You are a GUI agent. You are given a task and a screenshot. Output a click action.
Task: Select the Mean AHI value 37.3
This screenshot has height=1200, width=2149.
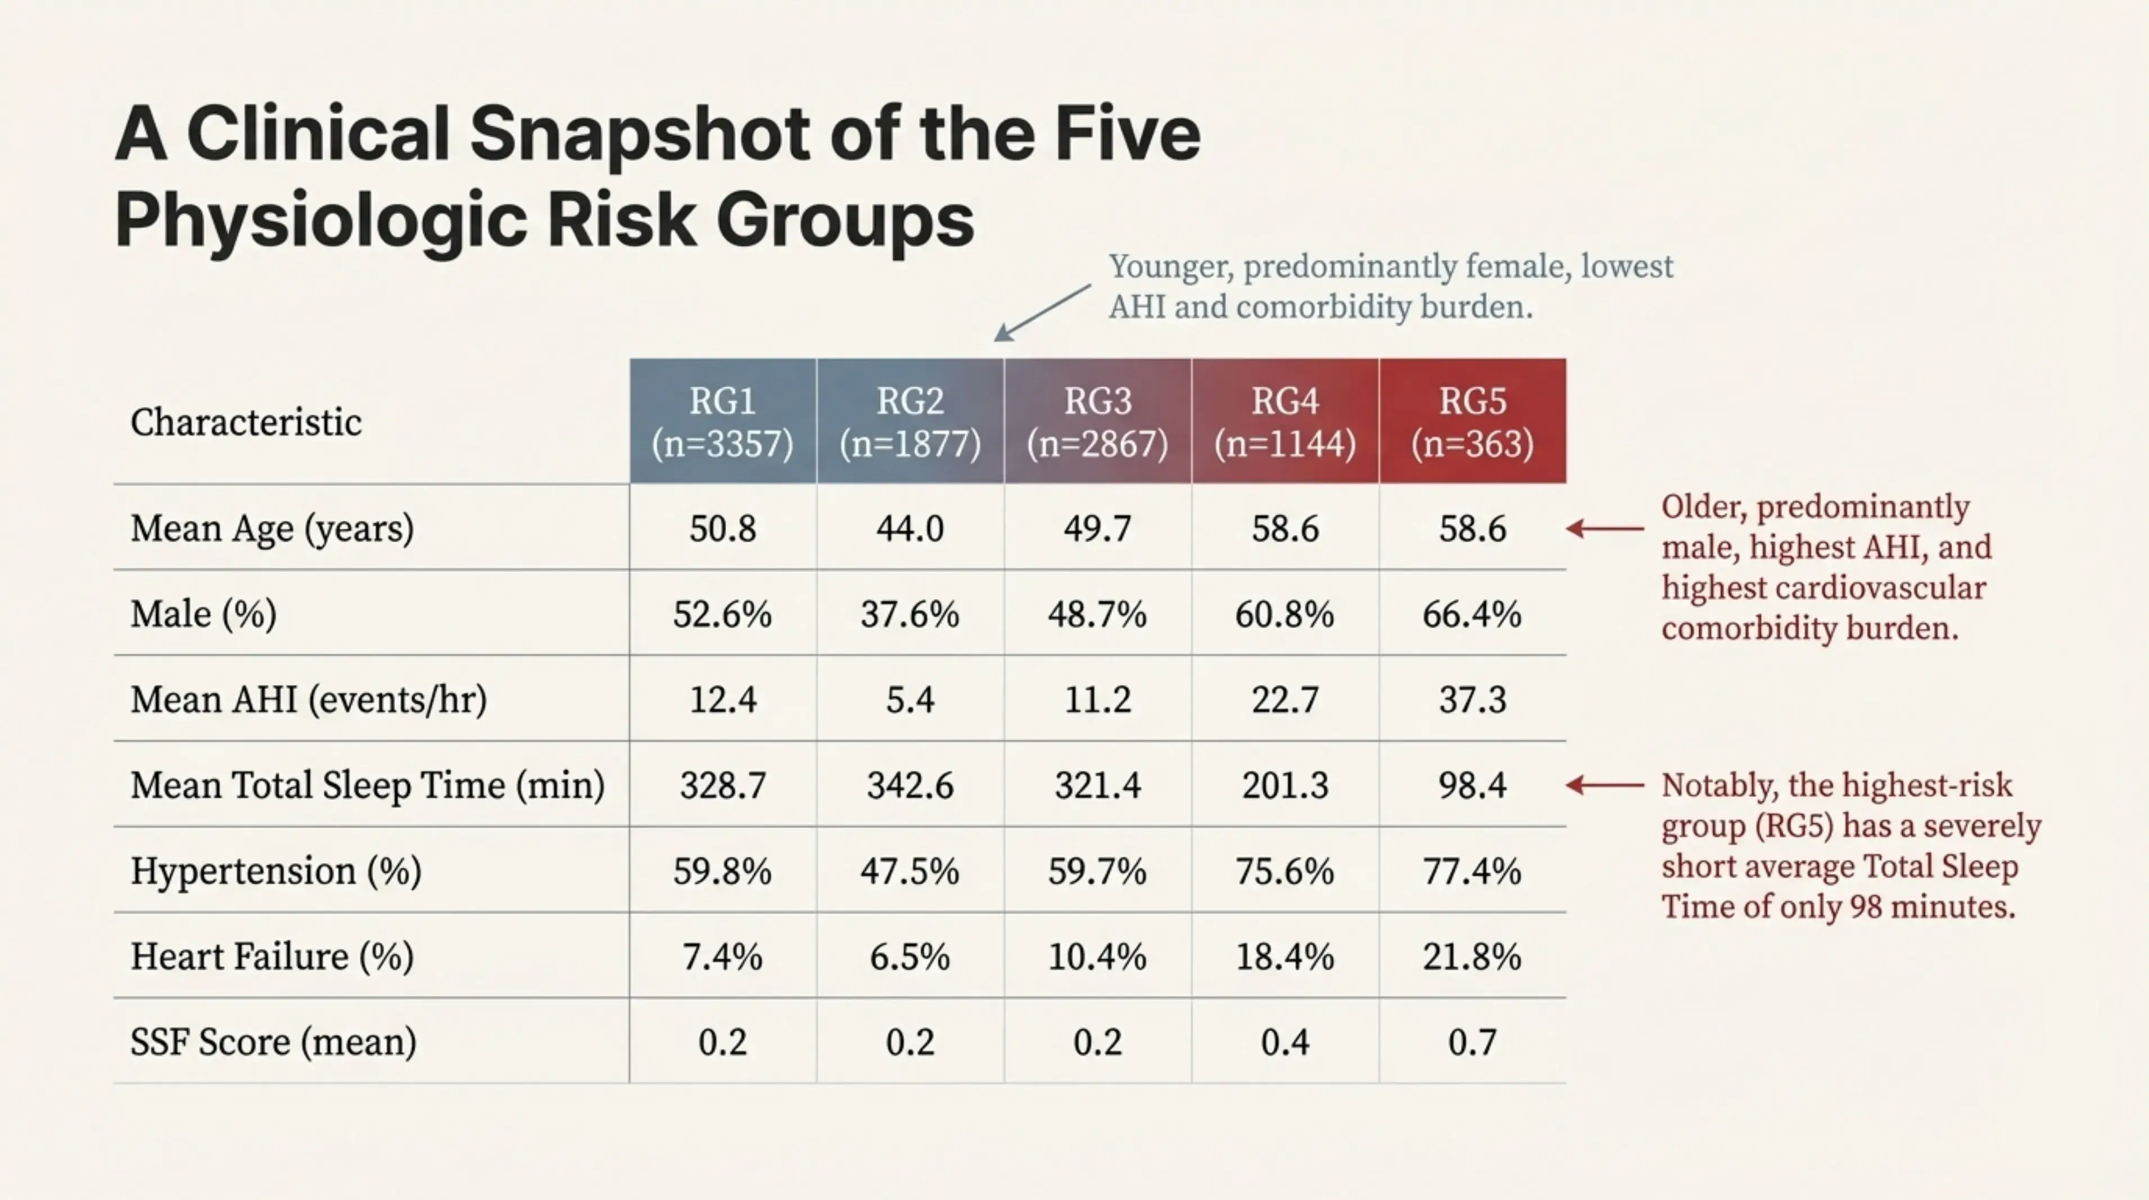click(1472, 700)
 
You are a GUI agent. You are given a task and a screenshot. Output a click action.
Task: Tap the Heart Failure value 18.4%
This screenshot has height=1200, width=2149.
click(1284, 957)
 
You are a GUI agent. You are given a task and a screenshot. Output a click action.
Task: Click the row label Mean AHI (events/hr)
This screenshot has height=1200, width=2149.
click(309, 700)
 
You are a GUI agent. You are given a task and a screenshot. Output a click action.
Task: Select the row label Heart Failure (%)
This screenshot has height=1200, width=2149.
click(272, 957)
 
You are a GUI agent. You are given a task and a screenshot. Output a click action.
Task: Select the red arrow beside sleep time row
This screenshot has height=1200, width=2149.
click(1604, 785)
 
